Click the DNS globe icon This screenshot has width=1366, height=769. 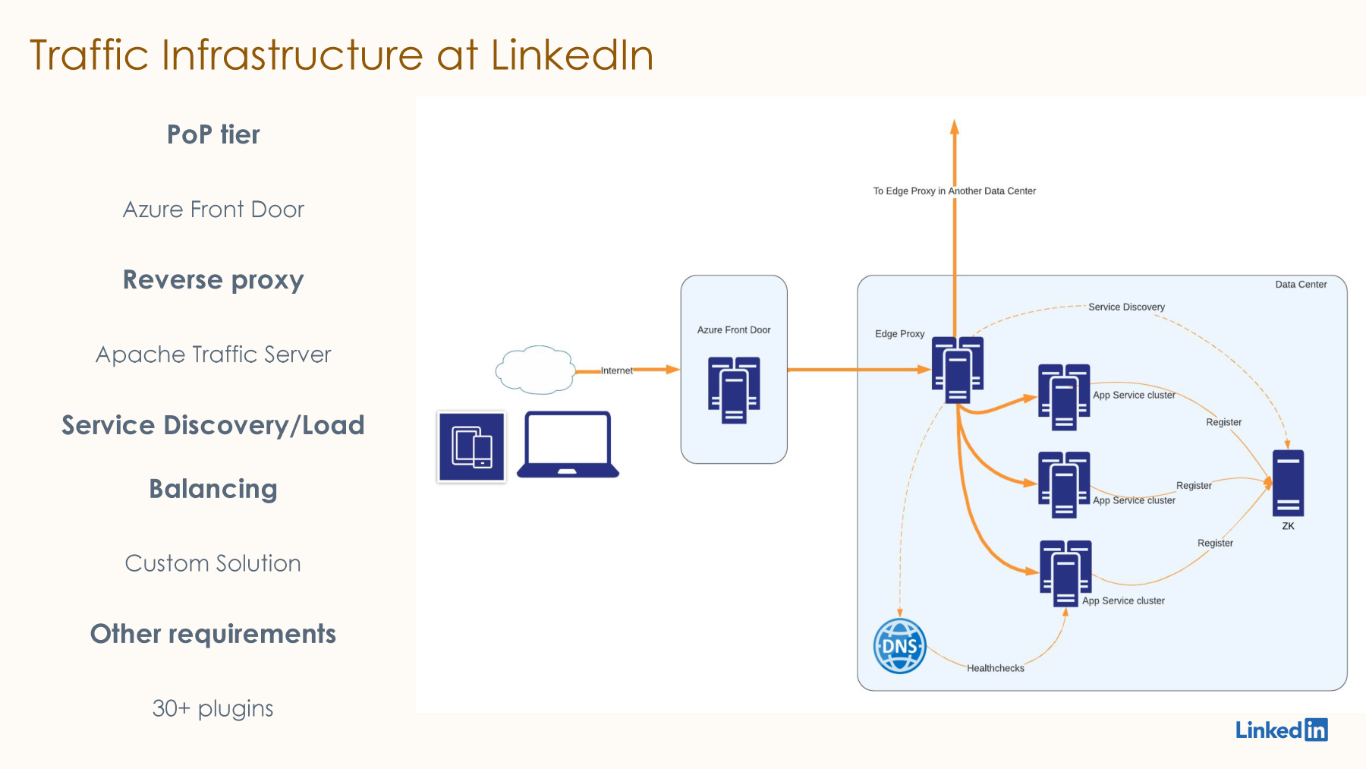pyautogui.click(x=900, y=646)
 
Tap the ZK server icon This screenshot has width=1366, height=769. pyautogui.click(x=1288, y=484)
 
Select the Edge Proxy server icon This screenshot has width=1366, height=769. pyautogui.click(x=958, y=370)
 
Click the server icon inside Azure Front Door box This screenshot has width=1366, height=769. pyautogui.click(x=734, y=389)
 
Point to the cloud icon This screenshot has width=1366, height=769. pyautogui.click(x=536, y=370)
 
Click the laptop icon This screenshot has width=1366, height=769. pyautogui.click(x=568, y=445)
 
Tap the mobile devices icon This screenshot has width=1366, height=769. pyautogui.click(x=471, y=446)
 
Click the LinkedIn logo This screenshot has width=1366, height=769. pyautogui.click(x=1282, y=730)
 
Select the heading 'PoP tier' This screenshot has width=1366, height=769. pyautogui.click(x=213, y=134)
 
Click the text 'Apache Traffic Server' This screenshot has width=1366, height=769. pyautogui.click(x=213, y=355)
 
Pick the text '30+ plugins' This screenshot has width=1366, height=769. pyautogui.click(x=212, y=708)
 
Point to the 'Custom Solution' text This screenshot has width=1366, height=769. pyautogui.click(x=212, y=563)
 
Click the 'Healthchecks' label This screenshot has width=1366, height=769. pyautogui.click(x=996, y=668)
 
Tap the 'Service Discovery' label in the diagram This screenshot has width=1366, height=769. pyautogui.click(x=1126, y=307)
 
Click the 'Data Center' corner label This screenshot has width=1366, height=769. pyautogui.click(x=1301, y=285)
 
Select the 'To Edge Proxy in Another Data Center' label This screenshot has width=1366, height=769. pyautogui.click(x=954, y=191)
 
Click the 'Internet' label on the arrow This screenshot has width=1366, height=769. pyautogui.click(x=616, y=370)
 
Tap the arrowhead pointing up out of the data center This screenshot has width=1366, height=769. pyautogui.click(x=955, y=127)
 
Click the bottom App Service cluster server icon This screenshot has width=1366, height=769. pyautogui.click(x=1065, y=574)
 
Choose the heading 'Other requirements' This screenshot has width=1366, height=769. pyautogui.click(x=213, y=634)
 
